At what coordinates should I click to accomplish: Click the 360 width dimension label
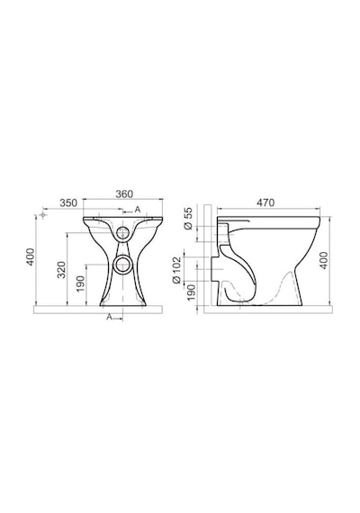124,194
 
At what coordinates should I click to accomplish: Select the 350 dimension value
68,203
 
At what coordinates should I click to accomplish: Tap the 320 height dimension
61,270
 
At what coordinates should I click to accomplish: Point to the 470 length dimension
265,202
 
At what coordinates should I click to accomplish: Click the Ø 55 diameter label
188,219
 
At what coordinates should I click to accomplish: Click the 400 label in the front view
30,257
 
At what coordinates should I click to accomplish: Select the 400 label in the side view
324,260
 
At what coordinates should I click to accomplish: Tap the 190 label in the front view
80,283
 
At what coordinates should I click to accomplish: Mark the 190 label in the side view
192,292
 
